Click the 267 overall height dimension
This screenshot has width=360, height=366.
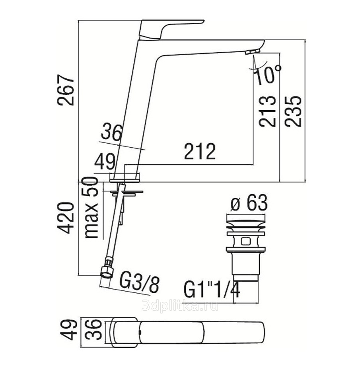(66, 90)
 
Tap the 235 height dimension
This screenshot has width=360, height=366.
(293, 111)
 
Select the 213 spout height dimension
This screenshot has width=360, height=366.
(268, 111)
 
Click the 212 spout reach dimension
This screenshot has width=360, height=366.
(200, 151)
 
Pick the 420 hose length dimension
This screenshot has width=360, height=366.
(66, 218)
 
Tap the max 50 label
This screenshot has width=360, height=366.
(91, 208)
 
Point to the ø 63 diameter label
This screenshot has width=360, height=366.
(249, 202)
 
